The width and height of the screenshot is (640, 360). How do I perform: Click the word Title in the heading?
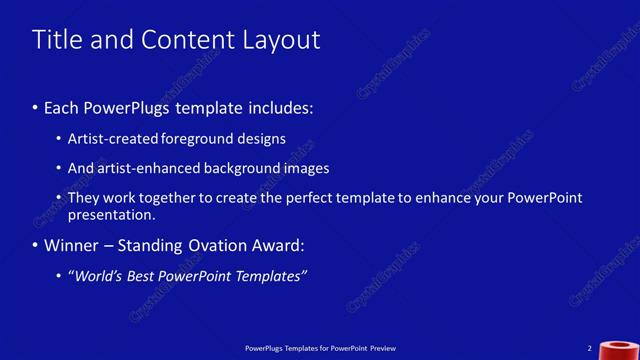point(56,40)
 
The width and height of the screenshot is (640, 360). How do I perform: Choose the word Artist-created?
point(110,139)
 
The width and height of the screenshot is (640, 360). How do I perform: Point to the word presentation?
point(111,214)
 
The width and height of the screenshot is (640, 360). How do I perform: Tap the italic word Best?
point(141,276)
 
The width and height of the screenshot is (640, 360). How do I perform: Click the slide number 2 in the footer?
point(591,348)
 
